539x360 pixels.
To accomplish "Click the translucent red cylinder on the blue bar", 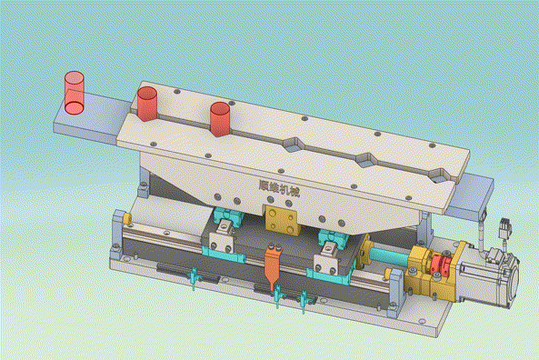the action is [x=75, y=93].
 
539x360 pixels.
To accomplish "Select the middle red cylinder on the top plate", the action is [x=146, y=104].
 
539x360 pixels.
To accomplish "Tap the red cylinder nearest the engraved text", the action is [x=220, y=119].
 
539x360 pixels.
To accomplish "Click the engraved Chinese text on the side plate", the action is [x=279, y=188].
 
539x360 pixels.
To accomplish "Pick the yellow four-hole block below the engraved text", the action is [x=282, y=220].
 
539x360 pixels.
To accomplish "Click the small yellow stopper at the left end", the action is [x=127, y=218].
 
